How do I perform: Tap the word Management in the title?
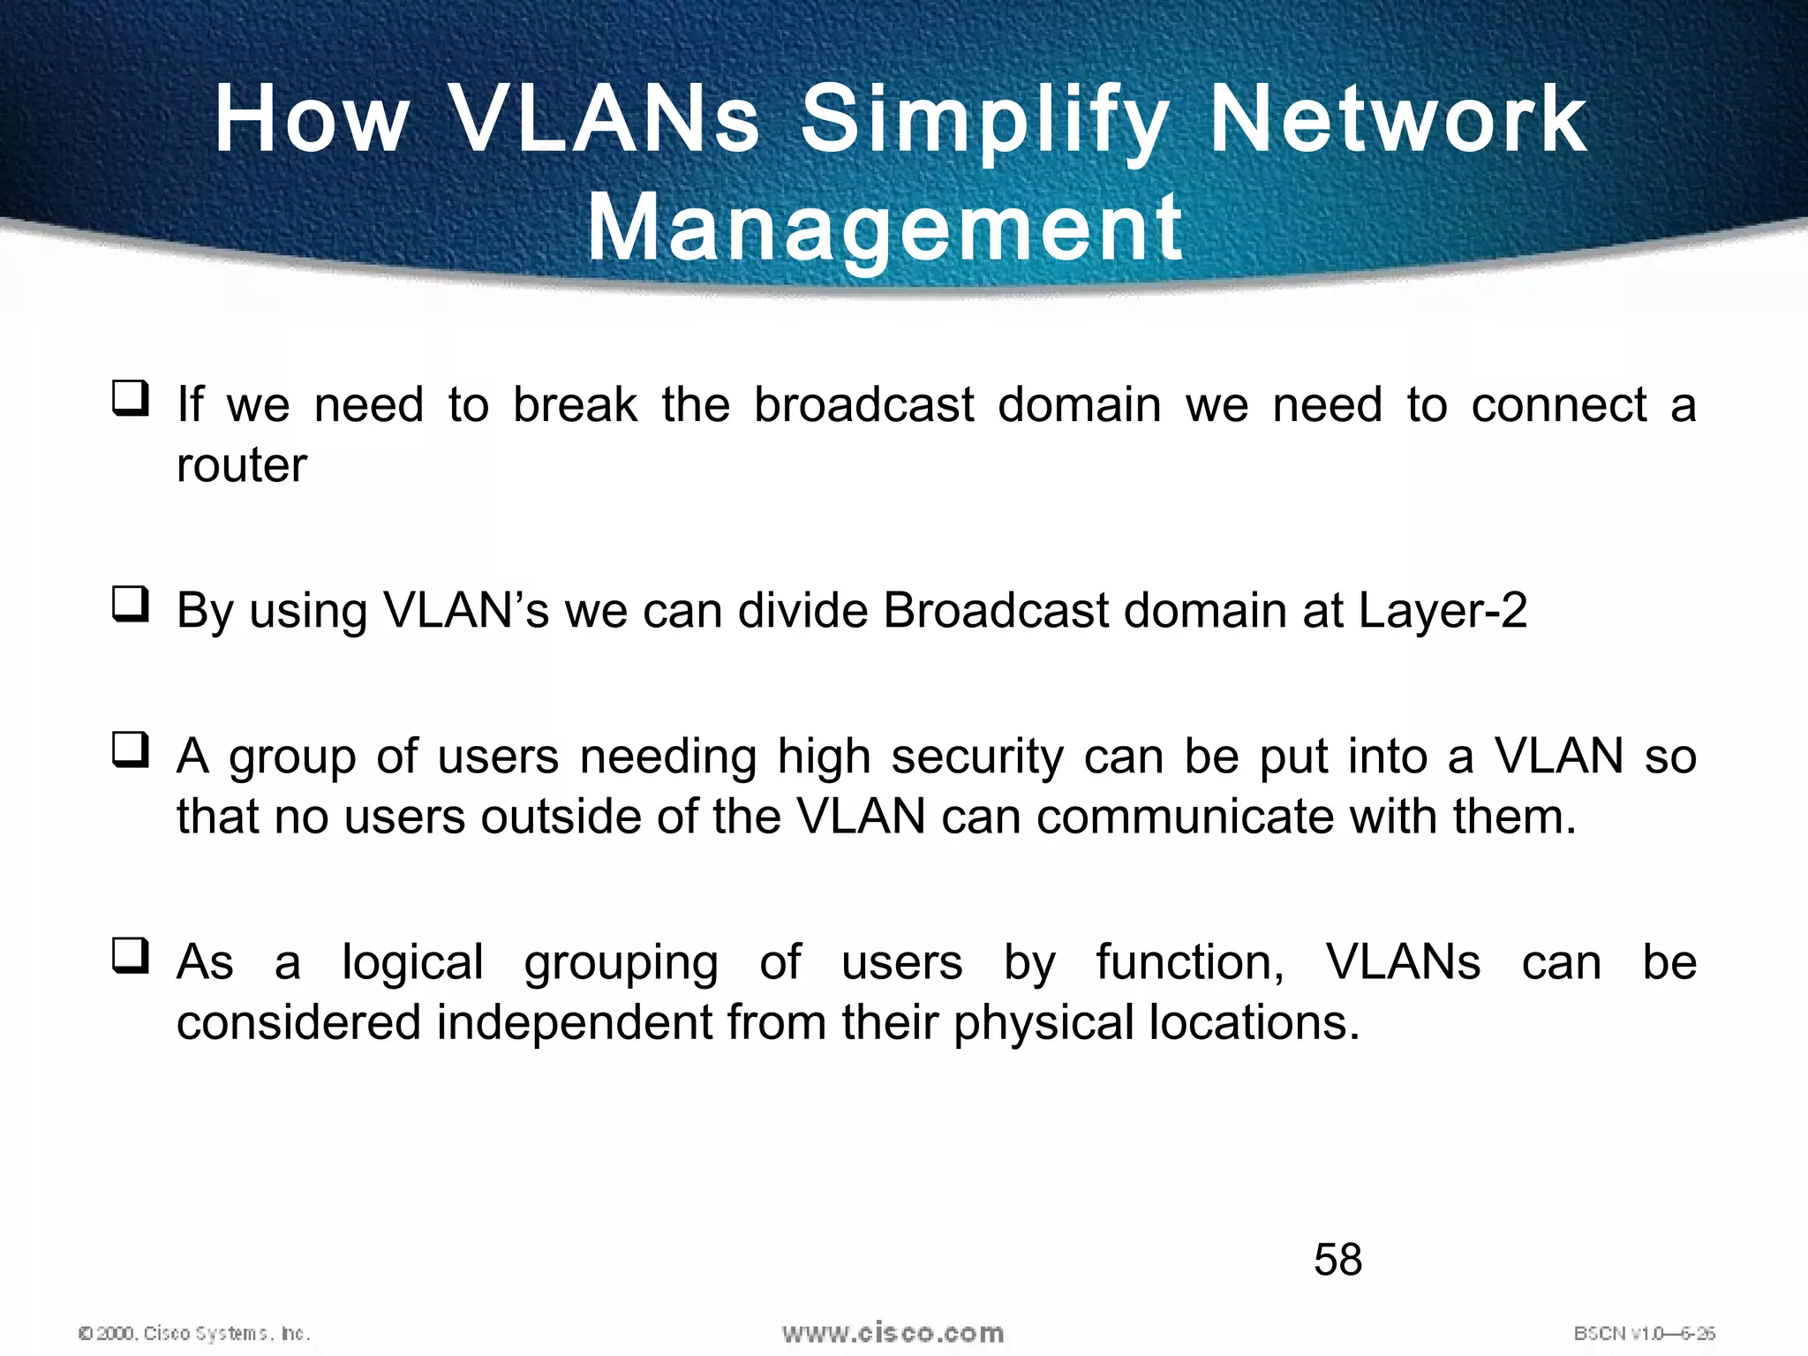point(885,228)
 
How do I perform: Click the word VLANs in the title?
point(605,119)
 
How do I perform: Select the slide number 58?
point(1337,1259)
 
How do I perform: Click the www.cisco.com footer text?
point(893,1333)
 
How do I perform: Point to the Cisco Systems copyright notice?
point(194,1333)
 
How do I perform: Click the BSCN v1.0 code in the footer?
point(1644,1333)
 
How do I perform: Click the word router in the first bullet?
point(241,465)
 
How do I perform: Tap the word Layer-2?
point(1443,611)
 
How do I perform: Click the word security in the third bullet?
point(977,757)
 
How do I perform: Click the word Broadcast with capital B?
point(995,611)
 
